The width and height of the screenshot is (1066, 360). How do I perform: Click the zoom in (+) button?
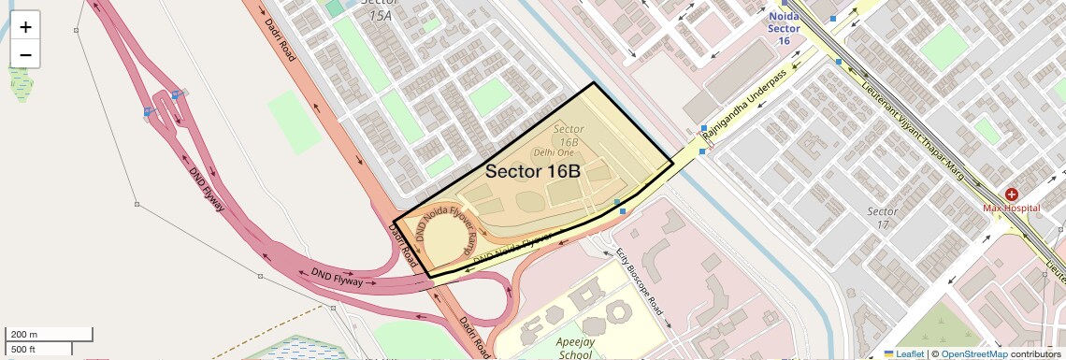tap(25, 26)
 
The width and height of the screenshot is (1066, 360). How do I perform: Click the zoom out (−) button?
tap(25, 54)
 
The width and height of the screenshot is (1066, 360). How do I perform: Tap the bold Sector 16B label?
tap(533, 172)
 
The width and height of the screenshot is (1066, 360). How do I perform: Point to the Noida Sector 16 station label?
tap(785, 28)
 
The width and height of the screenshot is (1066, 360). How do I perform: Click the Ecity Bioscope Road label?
tap(640, 281)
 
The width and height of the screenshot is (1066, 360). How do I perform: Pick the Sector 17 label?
tap(883, 217)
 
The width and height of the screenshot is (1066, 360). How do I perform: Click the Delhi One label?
tap(554, 151)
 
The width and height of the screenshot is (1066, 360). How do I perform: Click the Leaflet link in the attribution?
tap(904, 353)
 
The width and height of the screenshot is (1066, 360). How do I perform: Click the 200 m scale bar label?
tap(23, 335)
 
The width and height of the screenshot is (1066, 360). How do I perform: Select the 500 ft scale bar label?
tap(23, 349)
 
